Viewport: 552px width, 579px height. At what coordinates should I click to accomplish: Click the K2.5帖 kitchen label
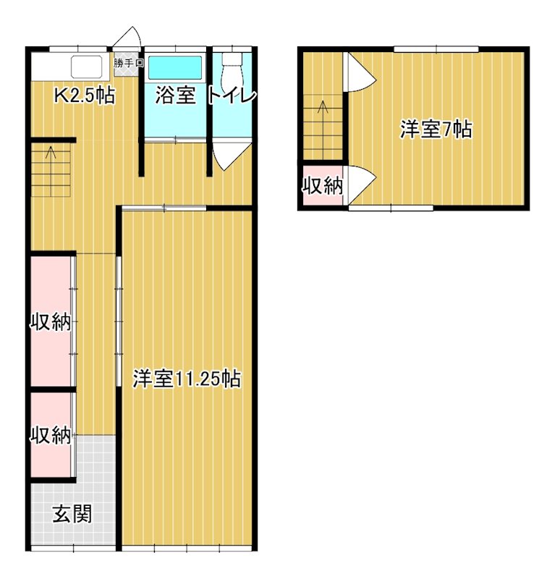[x=85, y=96]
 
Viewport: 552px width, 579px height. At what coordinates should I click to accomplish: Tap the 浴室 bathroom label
[x=176, y=96]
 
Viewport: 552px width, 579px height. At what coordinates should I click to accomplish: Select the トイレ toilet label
[x=232, y=96]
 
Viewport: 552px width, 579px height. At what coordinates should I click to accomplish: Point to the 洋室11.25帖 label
[x=187, y=378]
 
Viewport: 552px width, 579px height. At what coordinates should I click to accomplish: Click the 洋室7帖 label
[x=436, y=130]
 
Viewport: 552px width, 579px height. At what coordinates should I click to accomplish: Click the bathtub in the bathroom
[x=177, y=67]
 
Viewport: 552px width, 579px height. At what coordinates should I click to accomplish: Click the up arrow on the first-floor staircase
[x=51, y=153]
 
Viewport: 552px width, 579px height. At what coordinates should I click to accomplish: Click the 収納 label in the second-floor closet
[x=322, y=185]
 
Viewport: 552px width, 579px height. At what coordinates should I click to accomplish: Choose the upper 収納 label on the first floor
[x=51, y=323]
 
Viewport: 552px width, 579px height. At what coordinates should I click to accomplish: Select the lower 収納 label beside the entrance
[x=51, y=436]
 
